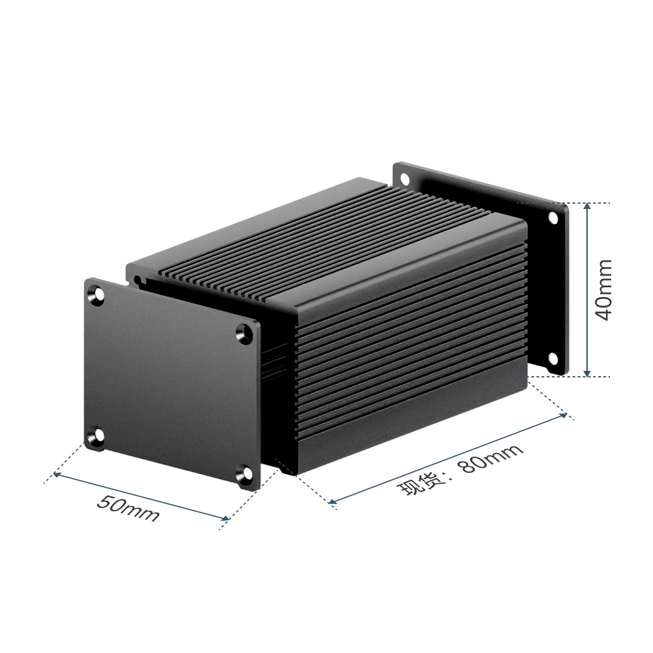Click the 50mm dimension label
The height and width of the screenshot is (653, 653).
(x=128, y=508)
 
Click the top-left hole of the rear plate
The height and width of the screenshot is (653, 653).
(x=404, y=180)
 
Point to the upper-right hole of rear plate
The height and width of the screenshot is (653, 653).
(x=553, y=218)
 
